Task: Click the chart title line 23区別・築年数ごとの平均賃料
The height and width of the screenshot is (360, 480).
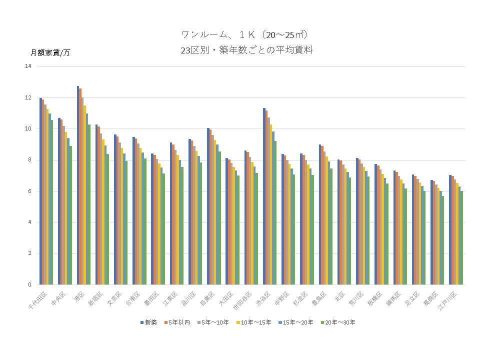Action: point(247,50)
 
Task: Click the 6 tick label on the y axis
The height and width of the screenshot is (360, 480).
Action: point(29,191)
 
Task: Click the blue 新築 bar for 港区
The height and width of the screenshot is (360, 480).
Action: point(78,185)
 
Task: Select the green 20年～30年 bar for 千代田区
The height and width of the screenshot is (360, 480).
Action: point(51,202)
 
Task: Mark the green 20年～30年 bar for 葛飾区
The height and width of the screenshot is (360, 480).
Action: point(443,240)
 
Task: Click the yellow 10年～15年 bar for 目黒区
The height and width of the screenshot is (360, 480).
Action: point(214,212)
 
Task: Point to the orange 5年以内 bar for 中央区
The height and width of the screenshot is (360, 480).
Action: point(62,202)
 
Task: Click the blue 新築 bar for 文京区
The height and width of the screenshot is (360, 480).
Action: point(115,209)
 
